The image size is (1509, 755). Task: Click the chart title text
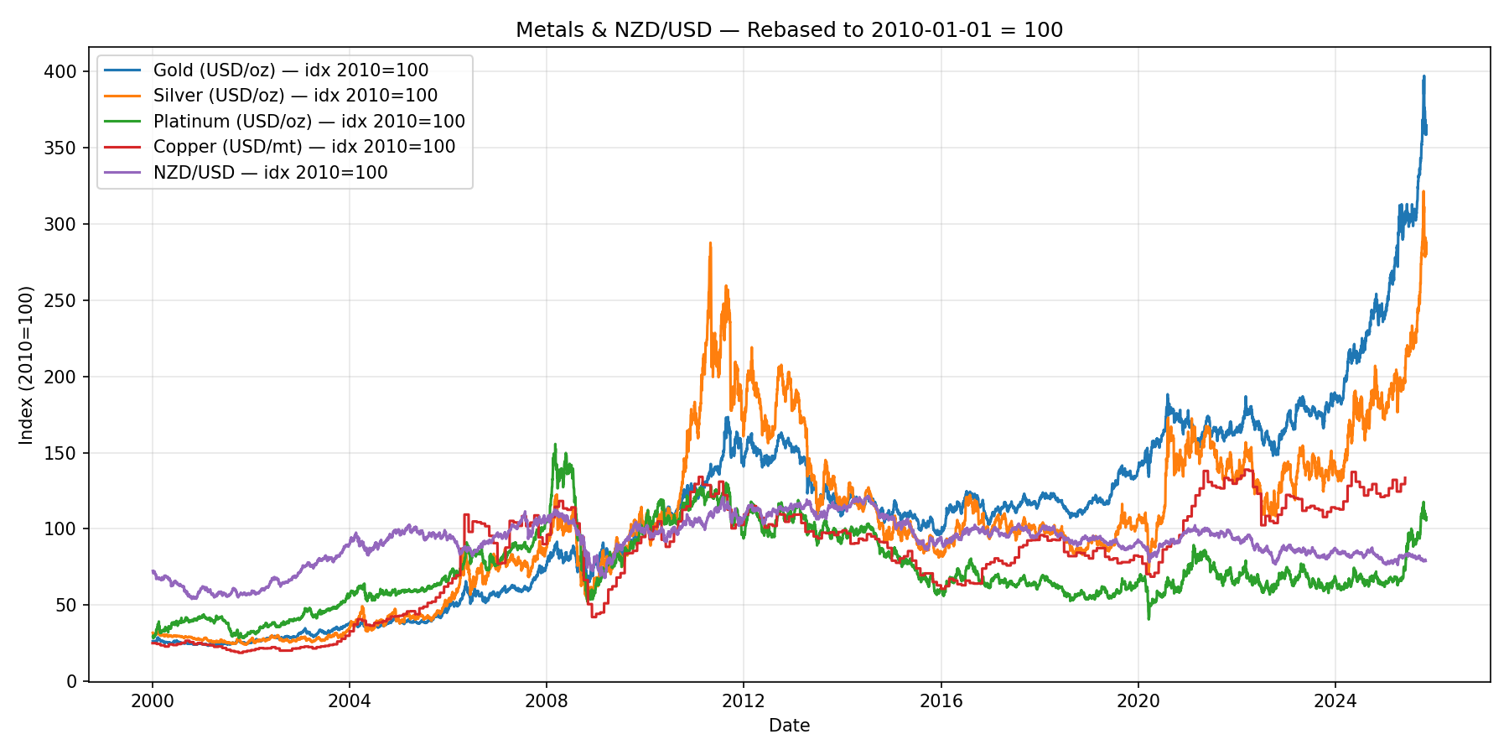789,30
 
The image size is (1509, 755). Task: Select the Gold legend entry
290,70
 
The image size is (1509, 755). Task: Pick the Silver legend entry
295,96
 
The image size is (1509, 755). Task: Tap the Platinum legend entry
309,122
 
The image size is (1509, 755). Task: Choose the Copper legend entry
303,147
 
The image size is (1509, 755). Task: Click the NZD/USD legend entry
270,173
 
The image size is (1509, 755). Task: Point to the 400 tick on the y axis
65,72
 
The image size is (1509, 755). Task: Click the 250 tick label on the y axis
65,300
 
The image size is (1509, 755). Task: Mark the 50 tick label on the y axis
70,605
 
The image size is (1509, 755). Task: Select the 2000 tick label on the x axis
152,700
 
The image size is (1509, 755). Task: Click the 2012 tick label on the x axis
744,700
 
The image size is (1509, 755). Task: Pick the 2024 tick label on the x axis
1335,700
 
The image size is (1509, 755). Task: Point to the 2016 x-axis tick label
941,700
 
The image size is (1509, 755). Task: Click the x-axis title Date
789,726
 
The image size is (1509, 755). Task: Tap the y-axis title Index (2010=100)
27,365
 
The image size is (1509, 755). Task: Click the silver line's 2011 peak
710,243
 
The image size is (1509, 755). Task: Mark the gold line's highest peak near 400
1423,76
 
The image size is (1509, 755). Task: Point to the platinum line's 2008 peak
554,445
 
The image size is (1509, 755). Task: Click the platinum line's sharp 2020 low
1149,619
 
